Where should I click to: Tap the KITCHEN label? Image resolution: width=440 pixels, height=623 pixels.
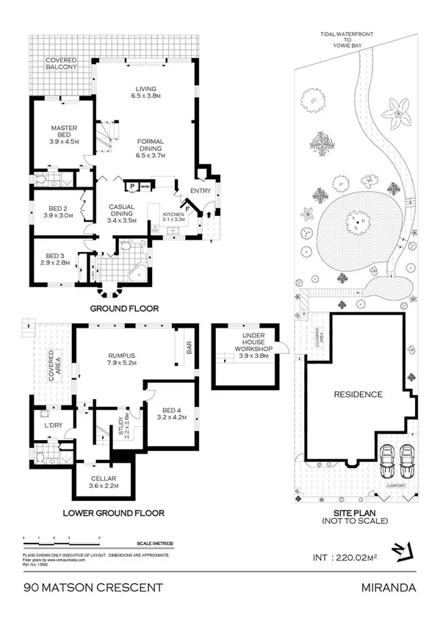pos(175,216)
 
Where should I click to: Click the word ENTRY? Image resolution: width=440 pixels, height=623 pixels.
pos(200,191)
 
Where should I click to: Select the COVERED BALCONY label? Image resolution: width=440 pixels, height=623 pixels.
pos(62,65)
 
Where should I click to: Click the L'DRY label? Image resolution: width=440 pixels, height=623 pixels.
pos(51,425)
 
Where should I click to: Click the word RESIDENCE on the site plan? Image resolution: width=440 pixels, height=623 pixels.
pos(358,395)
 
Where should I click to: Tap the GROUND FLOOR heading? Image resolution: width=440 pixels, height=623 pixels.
pos(123,309)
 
